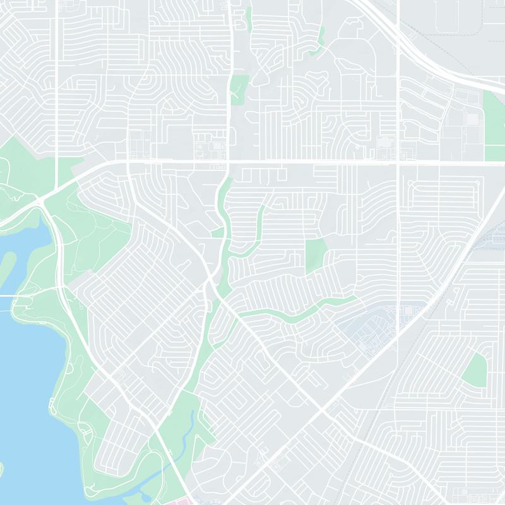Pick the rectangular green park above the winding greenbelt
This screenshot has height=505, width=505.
(315, 256)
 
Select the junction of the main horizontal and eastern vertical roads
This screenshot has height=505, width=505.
(399, 163)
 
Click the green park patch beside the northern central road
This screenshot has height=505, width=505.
(239, 88)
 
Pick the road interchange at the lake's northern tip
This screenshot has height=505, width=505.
(43, 201)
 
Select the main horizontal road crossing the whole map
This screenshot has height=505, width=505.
(303, 163)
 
